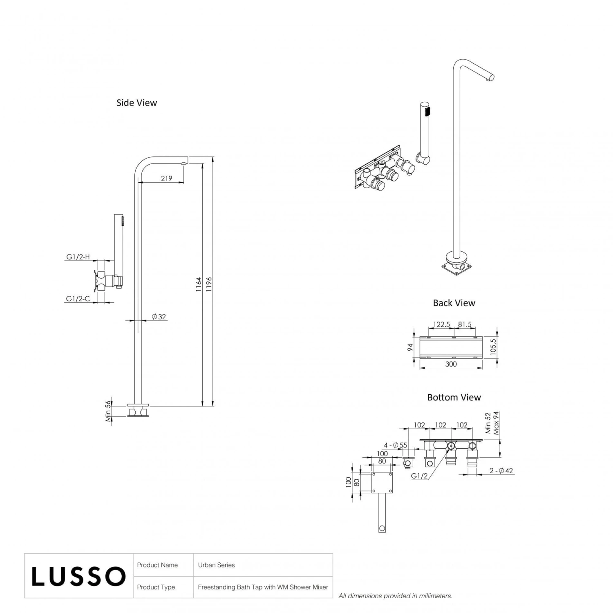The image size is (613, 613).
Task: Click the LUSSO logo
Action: coord(78,576)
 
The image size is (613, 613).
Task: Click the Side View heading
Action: coord(136,103)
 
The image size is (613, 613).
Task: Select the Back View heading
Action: coord(454,303)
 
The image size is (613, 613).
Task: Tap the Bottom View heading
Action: coord(454,397)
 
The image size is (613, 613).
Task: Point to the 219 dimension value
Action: coord(166,178)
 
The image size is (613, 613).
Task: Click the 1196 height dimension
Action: coord(209,284)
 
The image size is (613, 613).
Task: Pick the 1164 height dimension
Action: coord(199,284)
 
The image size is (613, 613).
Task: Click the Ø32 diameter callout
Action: coord(159,317)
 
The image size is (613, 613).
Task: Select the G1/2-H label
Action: coord(78,257)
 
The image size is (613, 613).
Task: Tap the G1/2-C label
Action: coord(78,299)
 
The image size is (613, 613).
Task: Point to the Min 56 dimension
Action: coord(108,411)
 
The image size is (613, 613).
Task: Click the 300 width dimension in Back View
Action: coord(451,364)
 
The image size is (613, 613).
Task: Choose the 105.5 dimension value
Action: coord(493,347)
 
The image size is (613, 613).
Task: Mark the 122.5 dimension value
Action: coord(441,324)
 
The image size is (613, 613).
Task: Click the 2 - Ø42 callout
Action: coord(501,471)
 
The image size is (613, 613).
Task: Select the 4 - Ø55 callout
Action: coord(395,445)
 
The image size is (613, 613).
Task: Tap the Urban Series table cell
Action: coord(217,565)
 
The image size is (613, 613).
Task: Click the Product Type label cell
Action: coord(156,587)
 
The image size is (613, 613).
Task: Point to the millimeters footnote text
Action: coord(395,596)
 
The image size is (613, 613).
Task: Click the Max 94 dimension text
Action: coord(496,423)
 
